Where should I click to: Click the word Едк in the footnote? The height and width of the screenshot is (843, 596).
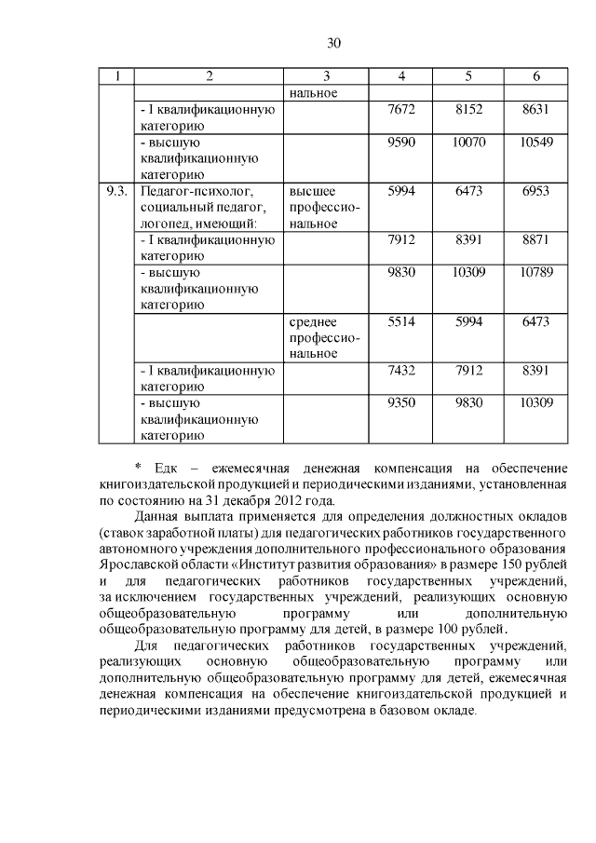click(x=168, y=467)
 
